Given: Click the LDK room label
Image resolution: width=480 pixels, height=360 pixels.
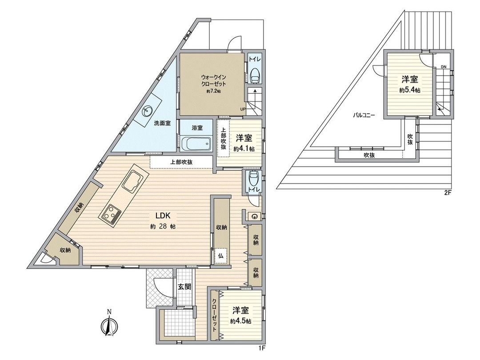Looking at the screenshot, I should [x=163, y=216].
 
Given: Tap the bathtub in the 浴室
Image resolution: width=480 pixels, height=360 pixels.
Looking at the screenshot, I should [x=196, y=144].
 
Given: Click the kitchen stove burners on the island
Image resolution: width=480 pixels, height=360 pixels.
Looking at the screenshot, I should [x=111, y=213].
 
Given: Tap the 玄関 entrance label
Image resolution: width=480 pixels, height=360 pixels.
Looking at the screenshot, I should [x=185, y=287].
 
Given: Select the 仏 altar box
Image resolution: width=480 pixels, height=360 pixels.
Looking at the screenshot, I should [x=221, y=256].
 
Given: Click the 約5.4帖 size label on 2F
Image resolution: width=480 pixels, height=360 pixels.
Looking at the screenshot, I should [x=409, y=90].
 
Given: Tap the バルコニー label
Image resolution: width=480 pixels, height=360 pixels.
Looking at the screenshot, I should [x=364, y=115].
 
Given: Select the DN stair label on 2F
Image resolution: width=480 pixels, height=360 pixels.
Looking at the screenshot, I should [x=444, y=67].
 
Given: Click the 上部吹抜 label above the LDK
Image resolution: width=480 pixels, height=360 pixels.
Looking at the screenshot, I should [x=181, y=162].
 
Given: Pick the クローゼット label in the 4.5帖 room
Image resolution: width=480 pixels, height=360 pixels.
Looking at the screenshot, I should [x=215, y=315].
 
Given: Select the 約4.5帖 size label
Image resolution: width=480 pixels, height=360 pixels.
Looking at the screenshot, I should [x=241, y=321].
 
